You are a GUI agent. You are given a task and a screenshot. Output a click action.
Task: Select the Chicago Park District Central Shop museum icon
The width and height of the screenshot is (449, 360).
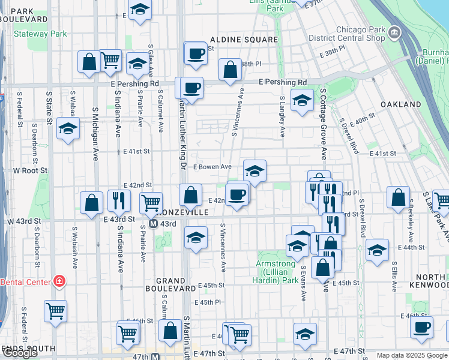coord(394,31)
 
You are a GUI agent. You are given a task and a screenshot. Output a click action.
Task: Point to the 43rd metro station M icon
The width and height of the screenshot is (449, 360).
coord(153,224)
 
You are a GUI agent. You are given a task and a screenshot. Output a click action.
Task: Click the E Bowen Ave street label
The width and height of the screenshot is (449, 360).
coord(212,167)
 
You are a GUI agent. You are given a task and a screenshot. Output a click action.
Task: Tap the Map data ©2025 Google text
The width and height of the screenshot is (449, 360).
coord(412,355)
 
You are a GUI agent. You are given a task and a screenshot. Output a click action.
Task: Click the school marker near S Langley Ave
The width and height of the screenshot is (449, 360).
coord(302,99)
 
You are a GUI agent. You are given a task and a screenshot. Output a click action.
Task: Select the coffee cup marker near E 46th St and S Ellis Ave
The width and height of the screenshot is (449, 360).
coord(422,327)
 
